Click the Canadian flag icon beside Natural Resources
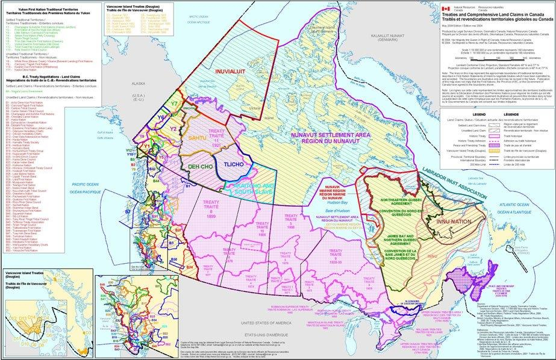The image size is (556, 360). pos(445,9)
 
